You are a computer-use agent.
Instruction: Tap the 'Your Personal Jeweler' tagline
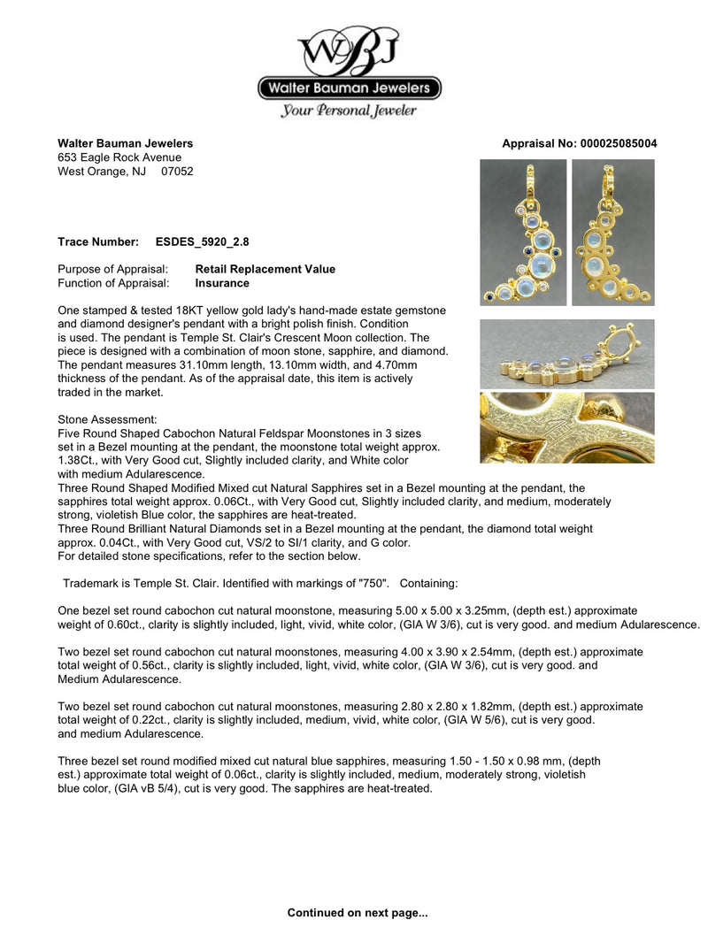coord(349,111)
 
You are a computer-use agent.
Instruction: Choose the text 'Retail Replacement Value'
coord(265,269)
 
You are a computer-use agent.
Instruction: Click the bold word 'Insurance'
coord(221,283)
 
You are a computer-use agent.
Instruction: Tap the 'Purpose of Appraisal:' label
coord(112,269)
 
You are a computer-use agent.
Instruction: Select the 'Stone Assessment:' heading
coord(108,418)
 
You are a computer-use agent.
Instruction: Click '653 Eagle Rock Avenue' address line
coord(119,157)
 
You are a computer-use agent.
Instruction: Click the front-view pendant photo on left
coord(522,232)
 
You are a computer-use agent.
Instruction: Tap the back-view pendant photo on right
coord(613,232)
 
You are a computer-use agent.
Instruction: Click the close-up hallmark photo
coord(566,427)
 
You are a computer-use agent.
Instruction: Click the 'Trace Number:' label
coord(97,241)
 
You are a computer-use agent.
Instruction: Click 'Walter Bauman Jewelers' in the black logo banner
coord(349,88)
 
